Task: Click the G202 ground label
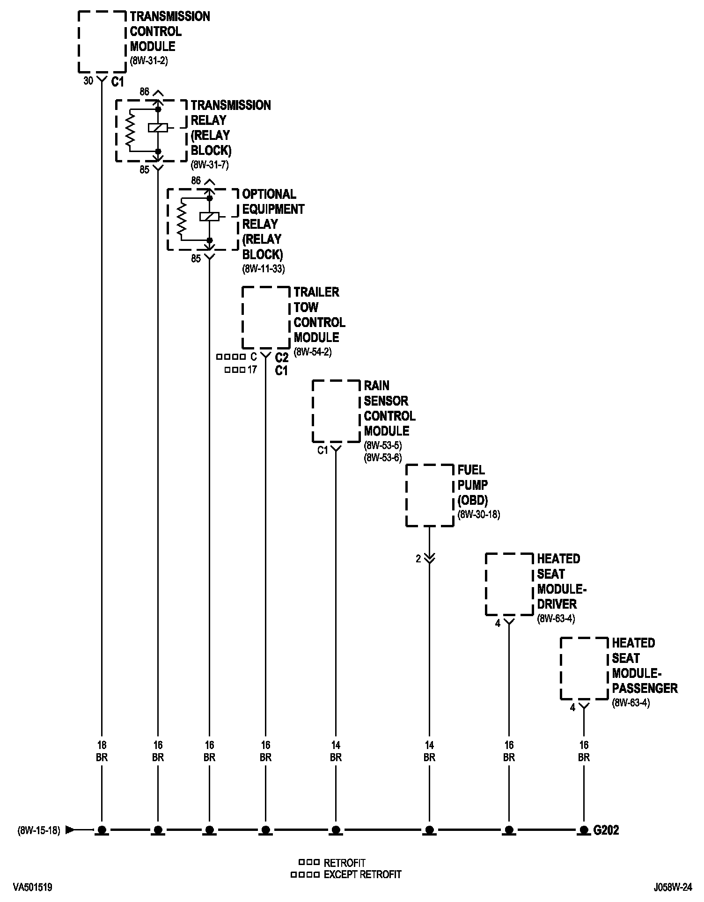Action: pos(606,830)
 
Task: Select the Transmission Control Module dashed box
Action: pos(102,42)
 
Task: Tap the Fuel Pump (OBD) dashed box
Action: pos(429,495)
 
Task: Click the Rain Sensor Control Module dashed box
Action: pos(336,411)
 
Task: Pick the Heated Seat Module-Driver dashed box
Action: pos(509,584)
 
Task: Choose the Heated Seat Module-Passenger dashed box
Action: pos(584,668)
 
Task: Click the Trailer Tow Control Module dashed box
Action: pos(265,318)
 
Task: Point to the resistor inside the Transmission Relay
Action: pos(131,130)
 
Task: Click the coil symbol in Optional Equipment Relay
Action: pos(209,217)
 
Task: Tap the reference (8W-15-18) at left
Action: pos(39,831)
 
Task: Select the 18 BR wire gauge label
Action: pos(102,751)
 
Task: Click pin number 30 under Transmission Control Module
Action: pos(88,81)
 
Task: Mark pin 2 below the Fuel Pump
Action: pos(418,558)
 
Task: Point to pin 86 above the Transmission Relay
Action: pos(144,92)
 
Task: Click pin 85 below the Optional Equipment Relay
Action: pos(196,258)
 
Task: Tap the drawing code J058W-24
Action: pos(673,887)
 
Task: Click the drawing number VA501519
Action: pos(33,887)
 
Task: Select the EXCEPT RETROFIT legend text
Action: pos(362,874)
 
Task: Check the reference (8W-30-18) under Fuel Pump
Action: pos(479,515)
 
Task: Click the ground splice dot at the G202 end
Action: pos(583,830)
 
